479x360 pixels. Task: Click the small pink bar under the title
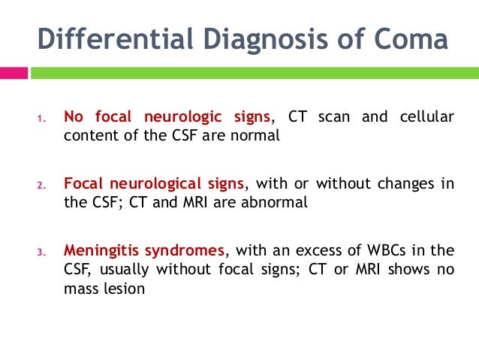click(x=14, y=73)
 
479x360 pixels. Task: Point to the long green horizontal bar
click(x=256, y=73)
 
